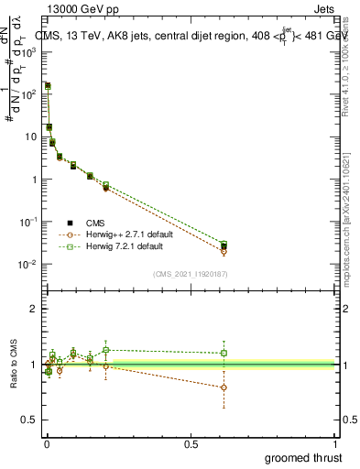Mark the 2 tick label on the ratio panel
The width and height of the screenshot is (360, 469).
[33, 309]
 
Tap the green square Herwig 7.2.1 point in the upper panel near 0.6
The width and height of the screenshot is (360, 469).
[224, 245]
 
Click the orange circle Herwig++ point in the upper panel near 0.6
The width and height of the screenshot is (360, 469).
[224, 251]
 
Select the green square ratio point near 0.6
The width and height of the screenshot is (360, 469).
[224, 353]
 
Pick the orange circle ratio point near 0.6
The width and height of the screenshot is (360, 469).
[224, 387]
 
